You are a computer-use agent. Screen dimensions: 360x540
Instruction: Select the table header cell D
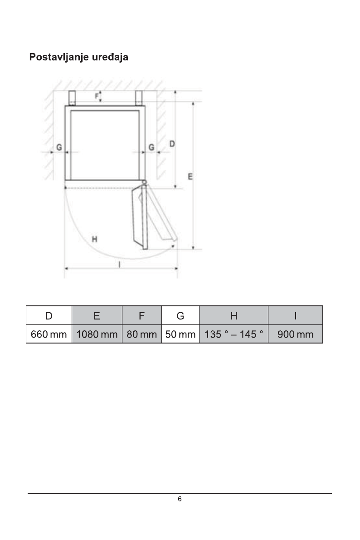(49, 315)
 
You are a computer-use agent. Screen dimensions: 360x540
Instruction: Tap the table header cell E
(97, 315)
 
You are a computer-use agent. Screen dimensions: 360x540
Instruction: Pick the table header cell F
(141, 315)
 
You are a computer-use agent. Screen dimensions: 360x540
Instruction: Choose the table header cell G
(180, 315)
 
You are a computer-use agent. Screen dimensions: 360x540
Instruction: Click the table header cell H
(234, 315)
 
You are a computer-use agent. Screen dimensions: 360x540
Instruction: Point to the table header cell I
(295, 315)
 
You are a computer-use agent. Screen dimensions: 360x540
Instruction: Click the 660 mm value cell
(49, 334)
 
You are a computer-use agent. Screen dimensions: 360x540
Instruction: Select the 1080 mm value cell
(97, 334)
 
